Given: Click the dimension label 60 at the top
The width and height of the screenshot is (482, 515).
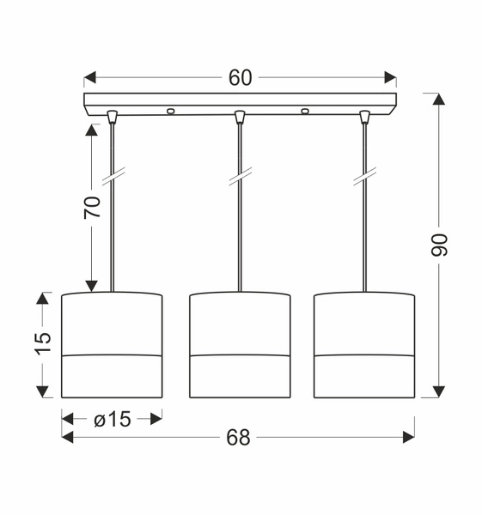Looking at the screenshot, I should [240, 78].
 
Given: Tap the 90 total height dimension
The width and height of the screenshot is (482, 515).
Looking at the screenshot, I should [439, 245].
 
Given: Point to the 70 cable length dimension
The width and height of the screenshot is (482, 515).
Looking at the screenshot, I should [91, 207].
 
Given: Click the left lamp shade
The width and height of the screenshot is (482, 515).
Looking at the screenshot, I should [112, 345].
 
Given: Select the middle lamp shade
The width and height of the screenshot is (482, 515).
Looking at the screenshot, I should [240, 345].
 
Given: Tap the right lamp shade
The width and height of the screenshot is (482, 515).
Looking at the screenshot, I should [364, 345].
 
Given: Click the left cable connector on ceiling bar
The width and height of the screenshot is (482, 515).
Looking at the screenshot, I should [112, 116].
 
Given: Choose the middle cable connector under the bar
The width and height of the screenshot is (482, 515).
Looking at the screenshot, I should [240, 116].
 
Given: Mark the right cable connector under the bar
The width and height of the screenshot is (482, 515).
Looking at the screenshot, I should [364, 116].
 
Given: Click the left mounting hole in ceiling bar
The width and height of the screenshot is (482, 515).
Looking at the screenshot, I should [170, 110].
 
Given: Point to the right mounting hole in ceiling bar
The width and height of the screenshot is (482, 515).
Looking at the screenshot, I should [304, 110].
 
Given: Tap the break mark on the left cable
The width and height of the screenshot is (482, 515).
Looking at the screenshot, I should [112, 178].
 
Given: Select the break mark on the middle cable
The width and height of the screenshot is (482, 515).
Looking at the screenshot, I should [240, 178].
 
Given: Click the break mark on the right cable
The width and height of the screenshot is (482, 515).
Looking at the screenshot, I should [364, 178].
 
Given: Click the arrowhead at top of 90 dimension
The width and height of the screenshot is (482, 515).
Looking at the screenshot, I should [439, 100].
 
